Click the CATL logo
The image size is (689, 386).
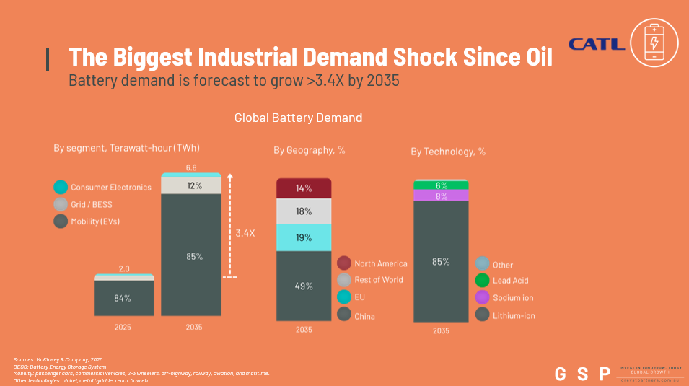pyautogui.click(x=596, y=44)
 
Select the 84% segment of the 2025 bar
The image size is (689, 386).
pyautogui.click(x=124, y=298)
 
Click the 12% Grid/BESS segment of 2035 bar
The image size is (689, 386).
pyautogui.click(x=191, y=186)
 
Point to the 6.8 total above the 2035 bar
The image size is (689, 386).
pyautogui.click(x=191, y=167)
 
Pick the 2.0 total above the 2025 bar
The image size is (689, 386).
pyautogui.click(x=124, y=268)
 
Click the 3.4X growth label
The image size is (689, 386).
pyautogui.click(x=245, y=233)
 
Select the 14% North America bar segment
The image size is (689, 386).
pyautogui.click(x=304, y=188)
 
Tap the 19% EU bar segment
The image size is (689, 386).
pyautogui.click(x=304, y=237)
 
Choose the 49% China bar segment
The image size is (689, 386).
pyautogui.click(x=304, y=286)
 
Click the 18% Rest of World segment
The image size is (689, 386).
pyautogui.click(x=304, y=211)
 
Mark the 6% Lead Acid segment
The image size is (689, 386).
pyautogui.click(x=441, y=185)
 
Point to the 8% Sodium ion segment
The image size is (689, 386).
pyautogui.click(x=441, y=196)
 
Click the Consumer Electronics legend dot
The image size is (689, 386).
pyautogui.click(x=61, y=187)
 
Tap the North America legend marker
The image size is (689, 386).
pyautogui.click(x=344, y=263)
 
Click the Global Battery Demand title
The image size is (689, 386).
pyautogui.click(x=298, y=118)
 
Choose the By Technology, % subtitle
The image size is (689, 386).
pyautogui.click(x=448, y=152)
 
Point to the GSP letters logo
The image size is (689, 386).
pyautogui.click(x=582, y=374)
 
